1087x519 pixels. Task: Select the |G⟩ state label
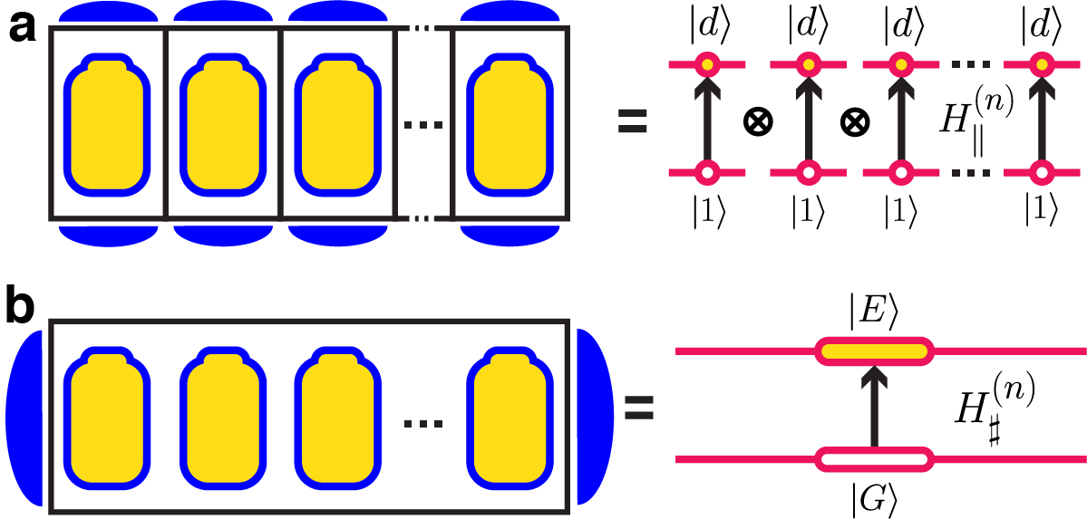(x=874, y=495)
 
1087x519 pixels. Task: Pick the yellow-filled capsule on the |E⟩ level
(x=873, y=350)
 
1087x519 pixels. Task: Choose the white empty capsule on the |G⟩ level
(x=873, y=460)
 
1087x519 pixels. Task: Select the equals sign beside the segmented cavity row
(x=633, y=121)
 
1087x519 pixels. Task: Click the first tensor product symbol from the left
(x=756, y=121)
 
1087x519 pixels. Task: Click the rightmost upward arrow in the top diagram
(x=1043, y=118)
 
